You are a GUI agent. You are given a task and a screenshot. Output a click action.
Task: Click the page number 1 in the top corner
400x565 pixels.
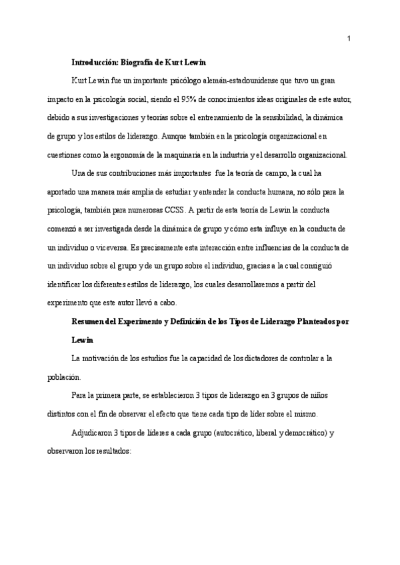[349, 38]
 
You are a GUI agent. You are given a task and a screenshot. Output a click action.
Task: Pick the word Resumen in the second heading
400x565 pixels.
[88, 321]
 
